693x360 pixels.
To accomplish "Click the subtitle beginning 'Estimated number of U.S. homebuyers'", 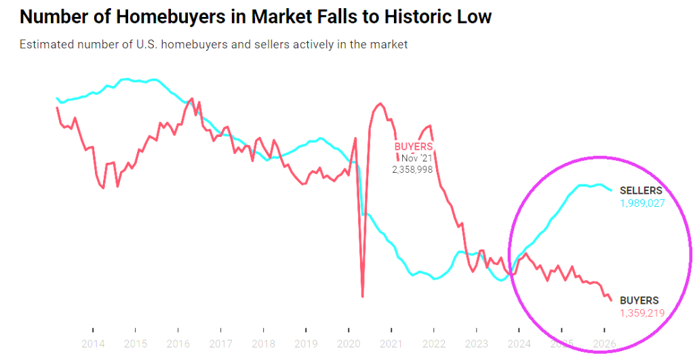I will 214,45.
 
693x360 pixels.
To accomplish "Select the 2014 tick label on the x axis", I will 93,344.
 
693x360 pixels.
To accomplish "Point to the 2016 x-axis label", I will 178,344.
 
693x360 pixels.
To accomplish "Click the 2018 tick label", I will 263,344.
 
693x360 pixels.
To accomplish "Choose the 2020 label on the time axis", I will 349,344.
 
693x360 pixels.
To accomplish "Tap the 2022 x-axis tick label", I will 433,344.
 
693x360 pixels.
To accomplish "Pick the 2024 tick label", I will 519,344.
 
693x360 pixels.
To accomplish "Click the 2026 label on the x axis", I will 603,344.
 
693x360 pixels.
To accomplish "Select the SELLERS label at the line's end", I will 641,191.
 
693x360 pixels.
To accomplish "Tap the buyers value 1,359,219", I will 641,313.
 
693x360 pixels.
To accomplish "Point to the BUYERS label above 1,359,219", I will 639,300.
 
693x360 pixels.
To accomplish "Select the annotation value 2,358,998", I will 412,169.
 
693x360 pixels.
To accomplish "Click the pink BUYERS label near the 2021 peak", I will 414,146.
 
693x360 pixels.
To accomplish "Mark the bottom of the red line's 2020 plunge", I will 363,296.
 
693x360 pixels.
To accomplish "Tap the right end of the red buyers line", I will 611,300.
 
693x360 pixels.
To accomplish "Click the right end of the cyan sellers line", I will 612,190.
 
